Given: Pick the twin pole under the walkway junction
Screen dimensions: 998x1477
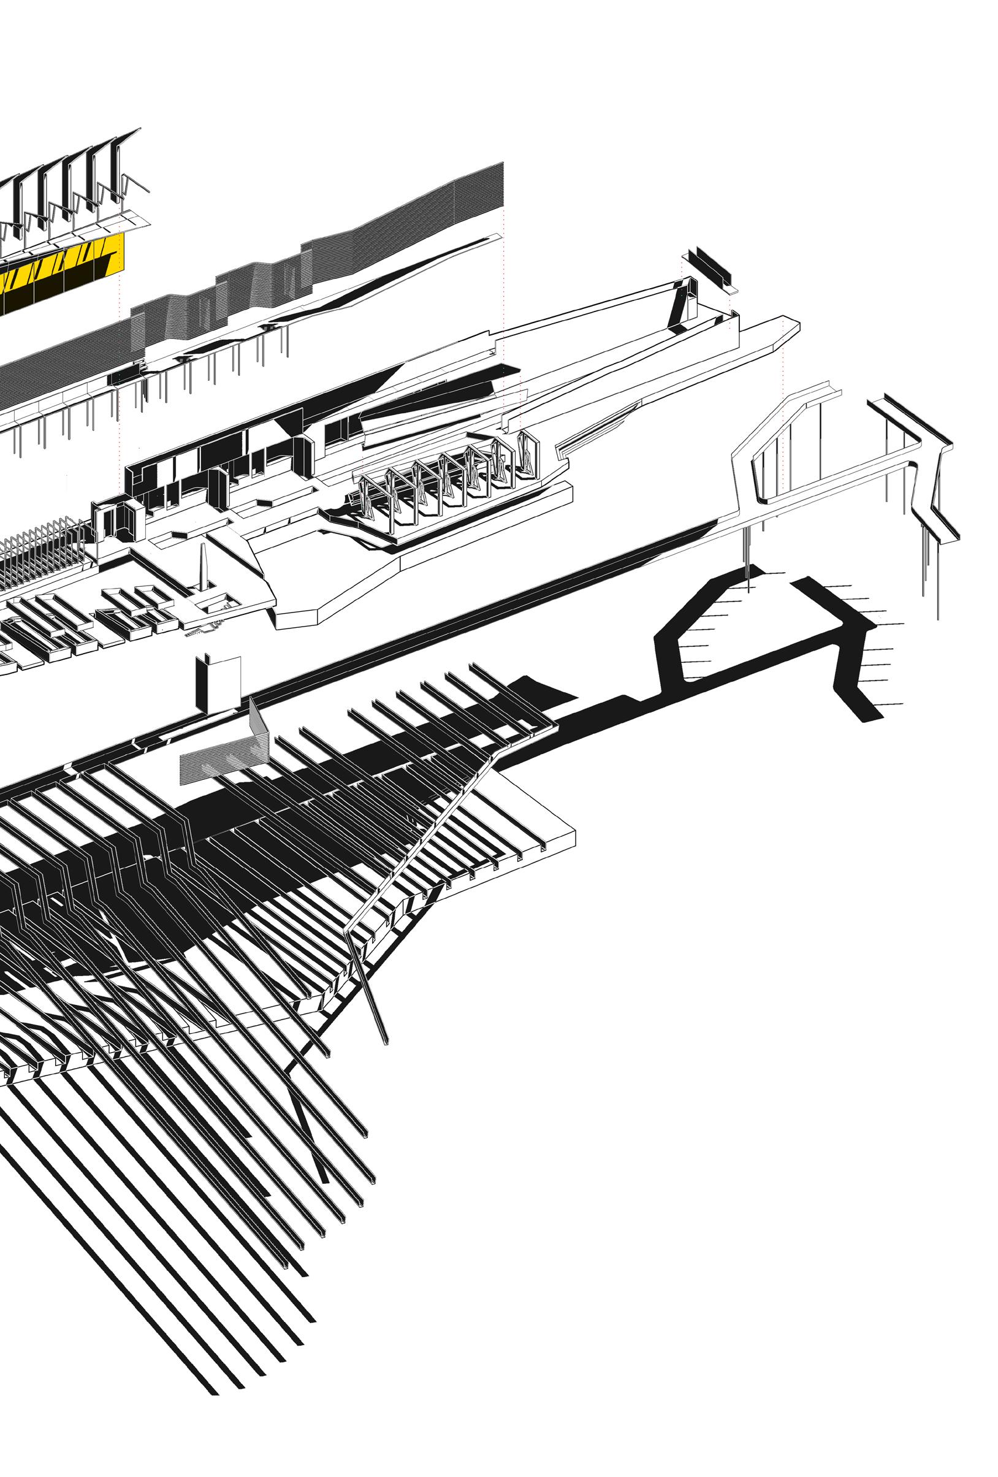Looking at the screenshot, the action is tap(749, 559).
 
